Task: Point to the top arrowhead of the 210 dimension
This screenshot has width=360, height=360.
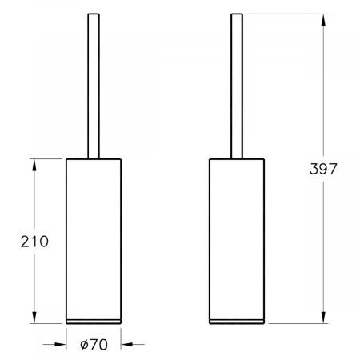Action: [x=34, y=162]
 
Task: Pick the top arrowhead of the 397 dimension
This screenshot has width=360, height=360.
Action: [x=323, y=18]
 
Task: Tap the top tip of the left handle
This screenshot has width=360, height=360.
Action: [x=92, y=14]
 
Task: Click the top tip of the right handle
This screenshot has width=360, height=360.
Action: [x=236, y=14]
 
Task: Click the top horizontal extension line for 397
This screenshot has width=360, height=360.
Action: [x=288, y=13]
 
